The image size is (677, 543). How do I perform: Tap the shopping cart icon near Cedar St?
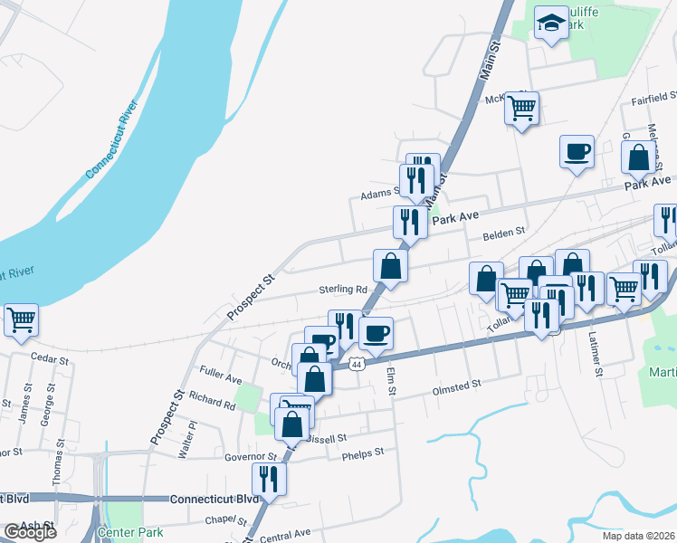click(x=21, y=319)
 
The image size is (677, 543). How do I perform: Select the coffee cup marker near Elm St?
click(x=376, y=332)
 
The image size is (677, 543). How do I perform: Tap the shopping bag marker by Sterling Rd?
click(x=391, y=267)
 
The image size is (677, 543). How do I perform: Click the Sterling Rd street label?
click(x=341, y=291)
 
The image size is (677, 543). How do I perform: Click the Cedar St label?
click(x=50, y=359)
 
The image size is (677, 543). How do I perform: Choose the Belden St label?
click(x=504, y=233)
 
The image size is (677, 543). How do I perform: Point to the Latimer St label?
click(x=598, y=353)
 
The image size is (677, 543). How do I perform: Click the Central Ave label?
click(x=285, y=534)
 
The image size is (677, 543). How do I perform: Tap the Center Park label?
click(x=130, y=531)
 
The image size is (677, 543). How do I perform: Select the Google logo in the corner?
click(x=29, y=532)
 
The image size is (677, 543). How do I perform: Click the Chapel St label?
click(x=225, y=520)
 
